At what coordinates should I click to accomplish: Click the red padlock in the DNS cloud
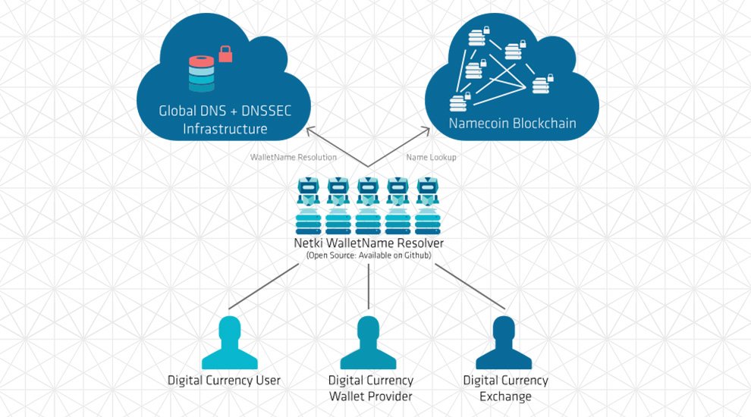225,53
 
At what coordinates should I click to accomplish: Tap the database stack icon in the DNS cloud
202,74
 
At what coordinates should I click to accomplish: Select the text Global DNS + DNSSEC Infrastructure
225,120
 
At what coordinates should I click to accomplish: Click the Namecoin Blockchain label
512,123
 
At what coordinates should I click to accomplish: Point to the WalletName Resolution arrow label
294,157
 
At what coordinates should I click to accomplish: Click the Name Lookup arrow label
431,157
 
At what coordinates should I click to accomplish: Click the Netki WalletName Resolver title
368,243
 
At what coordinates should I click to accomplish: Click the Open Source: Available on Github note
368,257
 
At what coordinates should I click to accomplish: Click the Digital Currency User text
224,380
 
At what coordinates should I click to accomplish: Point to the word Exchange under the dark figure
505,397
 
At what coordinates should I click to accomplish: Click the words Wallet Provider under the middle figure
370,397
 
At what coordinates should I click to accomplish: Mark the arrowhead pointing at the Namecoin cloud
430,132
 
